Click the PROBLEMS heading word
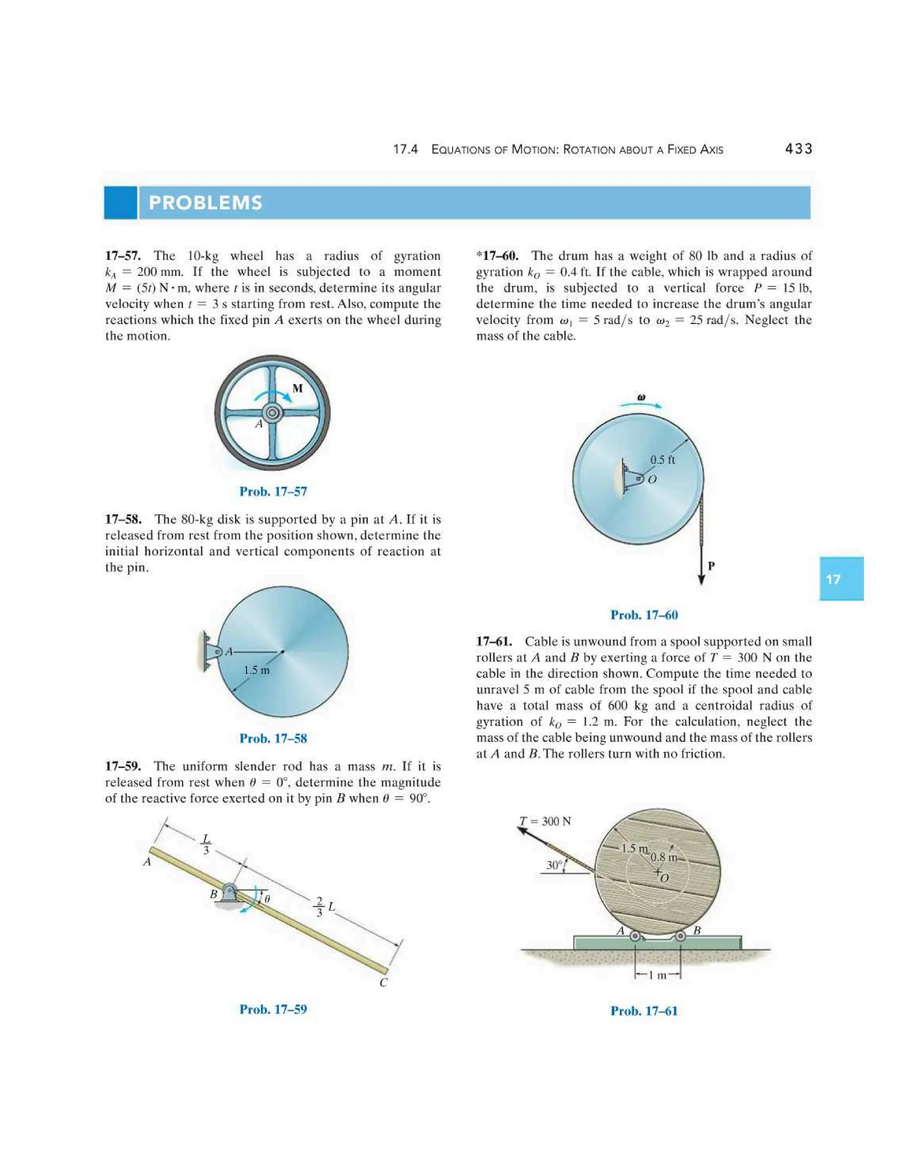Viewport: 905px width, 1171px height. tap(205, 203)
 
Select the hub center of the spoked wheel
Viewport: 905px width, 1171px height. tap(272, 412)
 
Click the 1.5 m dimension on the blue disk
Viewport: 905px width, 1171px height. tap(256, 670)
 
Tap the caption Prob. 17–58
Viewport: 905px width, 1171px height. tap(273, 738)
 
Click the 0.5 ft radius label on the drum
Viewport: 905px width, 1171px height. tap(663, 460)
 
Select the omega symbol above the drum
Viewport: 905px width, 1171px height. tap(641, 397)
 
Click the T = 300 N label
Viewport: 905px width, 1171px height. tap(545, 821)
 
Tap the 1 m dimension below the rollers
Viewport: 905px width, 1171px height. tap(657, 975)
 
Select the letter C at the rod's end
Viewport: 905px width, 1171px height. tap(383, 982)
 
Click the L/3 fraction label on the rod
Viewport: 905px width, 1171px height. tap(206, 844)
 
